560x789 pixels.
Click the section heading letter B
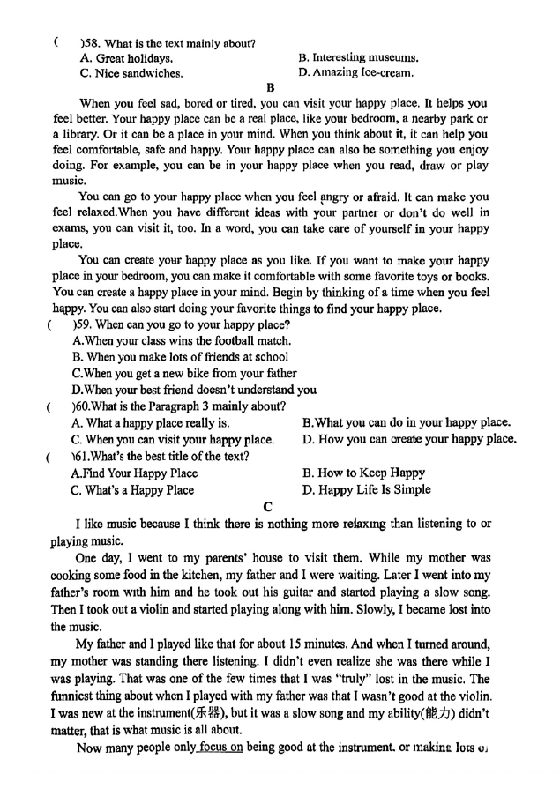pos(271,87)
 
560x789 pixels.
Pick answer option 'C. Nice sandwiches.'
pos(131,73)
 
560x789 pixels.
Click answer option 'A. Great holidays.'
pos(126,58)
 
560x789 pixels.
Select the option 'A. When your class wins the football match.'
pos(181,340)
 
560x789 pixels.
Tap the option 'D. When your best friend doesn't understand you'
pos(194,390)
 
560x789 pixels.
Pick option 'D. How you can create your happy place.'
pos(409,439)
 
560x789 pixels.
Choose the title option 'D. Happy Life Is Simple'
pos(367,489)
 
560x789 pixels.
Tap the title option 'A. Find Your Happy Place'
pos(134,473)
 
